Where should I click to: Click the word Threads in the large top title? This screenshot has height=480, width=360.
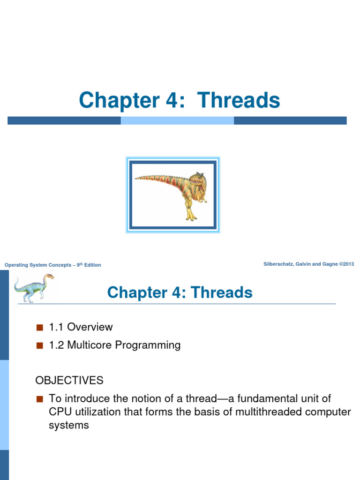[239, 100]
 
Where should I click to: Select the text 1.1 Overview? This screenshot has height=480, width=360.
[81, 327]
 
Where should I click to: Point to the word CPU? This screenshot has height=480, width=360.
[60, 412]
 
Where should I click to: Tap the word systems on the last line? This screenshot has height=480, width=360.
[69, 426]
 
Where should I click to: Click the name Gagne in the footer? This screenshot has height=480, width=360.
[329, 264]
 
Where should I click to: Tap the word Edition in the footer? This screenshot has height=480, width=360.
[92, 265]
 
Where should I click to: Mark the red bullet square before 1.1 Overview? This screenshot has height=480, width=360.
[39, 327]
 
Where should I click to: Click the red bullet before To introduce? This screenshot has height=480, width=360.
[39, 399]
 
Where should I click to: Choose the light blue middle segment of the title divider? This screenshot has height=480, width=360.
[177, 120]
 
